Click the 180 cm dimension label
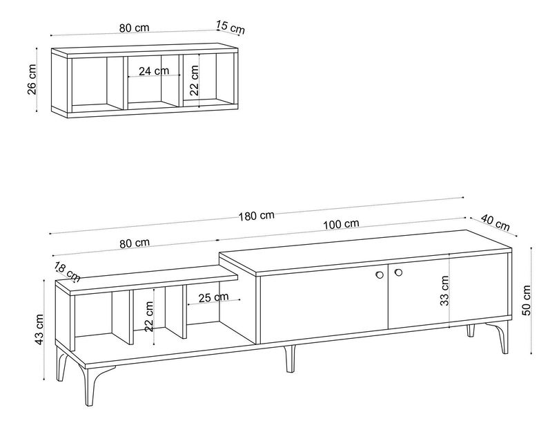[257, 216]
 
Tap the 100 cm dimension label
[341, 224]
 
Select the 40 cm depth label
[496, 223]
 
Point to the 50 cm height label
[526, 301]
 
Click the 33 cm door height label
[444, 291]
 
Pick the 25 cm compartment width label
[213, 297]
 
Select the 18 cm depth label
[68, 272]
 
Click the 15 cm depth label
[231, 28]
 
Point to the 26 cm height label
[32, 80]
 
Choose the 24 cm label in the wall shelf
[154, 71]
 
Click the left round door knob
[380, 275]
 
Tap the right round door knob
[398, 272]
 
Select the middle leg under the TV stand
[289, 358]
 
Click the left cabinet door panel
[324, 306]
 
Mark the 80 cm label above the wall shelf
[135, 28]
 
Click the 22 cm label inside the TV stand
[149, 316]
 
